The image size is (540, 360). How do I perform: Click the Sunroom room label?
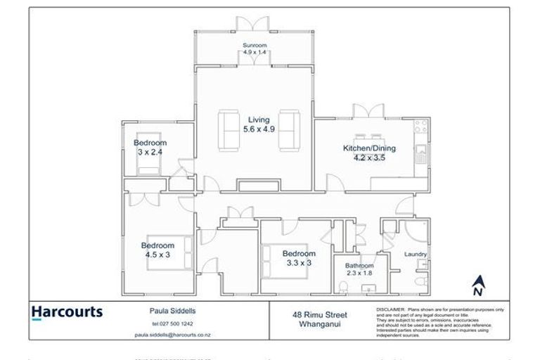(255, 45)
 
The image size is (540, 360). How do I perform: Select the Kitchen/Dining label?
(369, 148)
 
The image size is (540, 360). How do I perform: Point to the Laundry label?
(416, 254)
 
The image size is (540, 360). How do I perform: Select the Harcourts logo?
(67, 312)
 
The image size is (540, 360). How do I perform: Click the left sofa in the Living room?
(228, 130)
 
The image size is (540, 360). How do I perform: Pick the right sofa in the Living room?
(289, 130)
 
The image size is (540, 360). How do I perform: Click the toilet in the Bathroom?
(344, 288)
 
